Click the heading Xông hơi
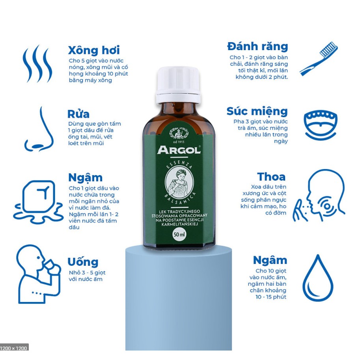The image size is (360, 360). pos(94,50)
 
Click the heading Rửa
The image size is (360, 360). pos(78,114)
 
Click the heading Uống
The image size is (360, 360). pos(83,262)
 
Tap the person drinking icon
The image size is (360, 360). pos(38,274)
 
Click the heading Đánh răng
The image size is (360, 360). pos(257,47)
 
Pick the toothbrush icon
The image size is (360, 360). pos(319,58)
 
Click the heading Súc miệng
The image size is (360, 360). pos(257,112)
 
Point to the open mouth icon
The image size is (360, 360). pos(321,125)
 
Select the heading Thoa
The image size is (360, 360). pos(271,177)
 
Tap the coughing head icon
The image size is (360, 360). pos(319,196)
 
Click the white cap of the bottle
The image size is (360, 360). pos(178,85)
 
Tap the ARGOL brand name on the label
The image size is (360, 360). pos(179,150)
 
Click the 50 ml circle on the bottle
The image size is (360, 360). pos(179,234)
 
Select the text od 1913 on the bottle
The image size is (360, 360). pos(179,142)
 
